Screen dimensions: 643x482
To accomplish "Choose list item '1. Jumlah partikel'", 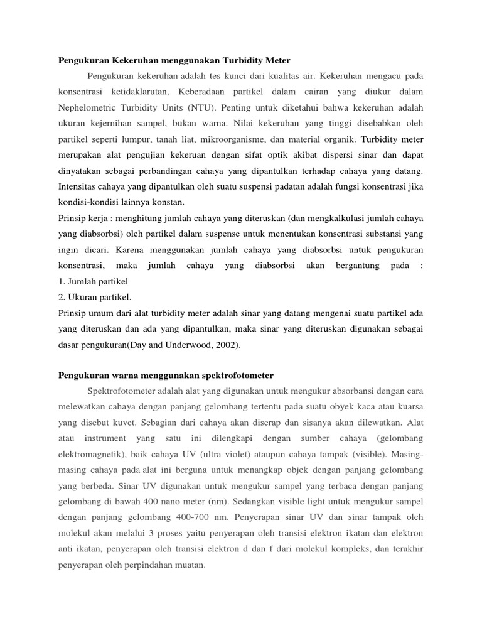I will coord(93,282).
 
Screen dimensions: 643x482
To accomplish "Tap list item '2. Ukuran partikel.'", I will coord(95,297).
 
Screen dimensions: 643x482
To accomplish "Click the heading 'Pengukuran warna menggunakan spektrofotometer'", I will coord(166,376).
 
